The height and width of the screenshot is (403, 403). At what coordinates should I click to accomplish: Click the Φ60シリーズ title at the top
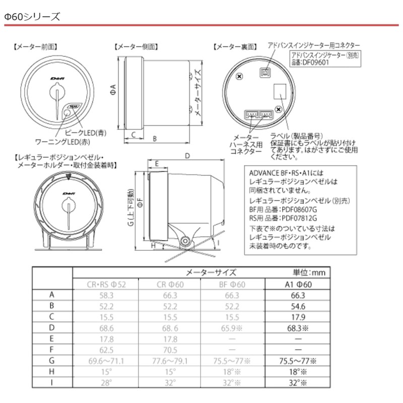point(32,17)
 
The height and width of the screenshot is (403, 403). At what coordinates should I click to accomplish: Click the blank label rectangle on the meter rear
point(281,94)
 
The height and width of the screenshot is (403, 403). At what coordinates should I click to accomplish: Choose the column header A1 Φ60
point(300,284)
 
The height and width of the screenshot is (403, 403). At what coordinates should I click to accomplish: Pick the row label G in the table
point(52,361)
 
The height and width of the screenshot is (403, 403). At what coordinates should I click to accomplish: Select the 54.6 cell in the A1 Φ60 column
point(300,306)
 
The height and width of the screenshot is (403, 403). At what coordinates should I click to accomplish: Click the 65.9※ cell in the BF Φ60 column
point(236,327)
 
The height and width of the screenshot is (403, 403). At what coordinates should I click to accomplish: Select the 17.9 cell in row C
point(300,317)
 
